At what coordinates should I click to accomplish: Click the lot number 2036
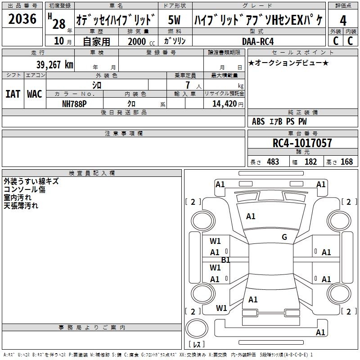point(22,19)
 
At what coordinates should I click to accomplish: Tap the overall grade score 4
point(343,20)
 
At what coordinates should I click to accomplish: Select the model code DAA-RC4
point(258,41)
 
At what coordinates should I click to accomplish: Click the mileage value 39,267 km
point(55,65)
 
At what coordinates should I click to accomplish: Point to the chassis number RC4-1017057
point(302,143)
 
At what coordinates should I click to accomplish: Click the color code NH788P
point(74,104)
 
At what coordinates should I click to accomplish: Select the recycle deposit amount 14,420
point(224,104)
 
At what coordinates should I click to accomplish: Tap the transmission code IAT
point(13,94)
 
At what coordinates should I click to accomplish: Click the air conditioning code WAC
point(35,94)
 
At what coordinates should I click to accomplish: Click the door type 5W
point(174,20)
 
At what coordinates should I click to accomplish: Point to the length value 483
point(273,162)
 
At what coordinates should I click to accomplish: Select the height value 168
point(346,162)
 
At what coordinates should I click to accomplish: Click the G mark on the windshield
point(284,237)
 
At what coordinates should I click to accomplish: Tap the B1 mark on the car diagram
point(225,260)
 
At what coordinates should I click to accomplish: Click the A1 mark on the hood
point(251,216)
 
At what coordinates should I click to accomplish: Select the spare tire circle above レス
point(197,328)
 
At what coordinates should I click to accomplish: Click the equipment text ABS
point(258,121)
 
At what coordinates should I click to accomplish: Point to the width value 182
point(310,162)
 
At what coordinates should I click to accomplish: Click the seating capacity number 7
point(188,85)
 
